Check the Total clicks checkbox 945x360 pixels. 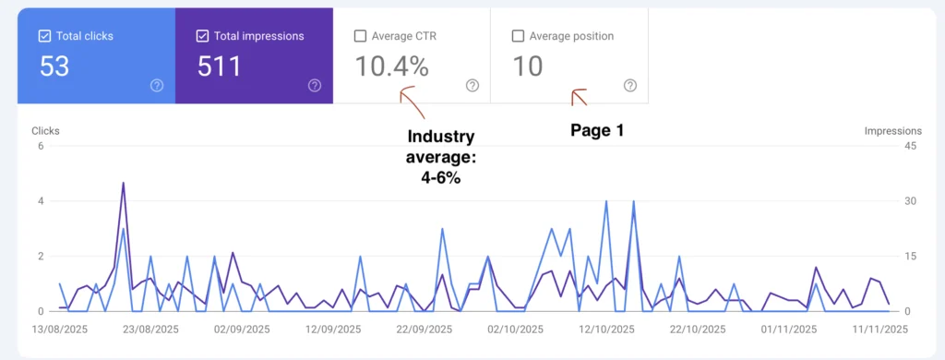click(44, 36)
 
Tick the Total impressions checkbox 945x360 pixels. click(201, 36)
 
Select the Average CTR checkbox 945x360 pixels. click(360, 36)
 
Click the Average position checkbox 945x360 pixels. click(517, 36)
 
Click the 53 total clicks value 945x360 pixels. click(54, 66)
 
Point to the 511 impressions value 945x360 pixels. click(220, 66)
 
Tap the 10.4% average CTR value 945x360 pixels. click(391, 66)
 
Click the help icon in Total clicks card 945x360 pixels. click(157, 85)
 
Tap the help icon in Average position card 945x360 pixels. click(630, 85)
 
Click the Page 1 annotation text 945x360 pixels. click(597, 131)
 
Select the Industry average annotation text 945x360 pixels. click(440, 157)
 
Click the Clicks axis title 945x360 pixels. click(45, 131)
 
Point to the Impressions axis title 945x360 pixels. click(893, 131)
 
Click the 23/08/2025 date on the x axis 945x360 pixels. click(150, 329)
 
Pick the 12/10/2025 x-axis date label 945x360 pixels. click(608, 329)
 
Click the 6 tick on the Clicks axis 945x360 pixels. click(41, 146)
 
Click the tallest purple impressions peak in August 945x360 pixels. click(123, 183)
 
